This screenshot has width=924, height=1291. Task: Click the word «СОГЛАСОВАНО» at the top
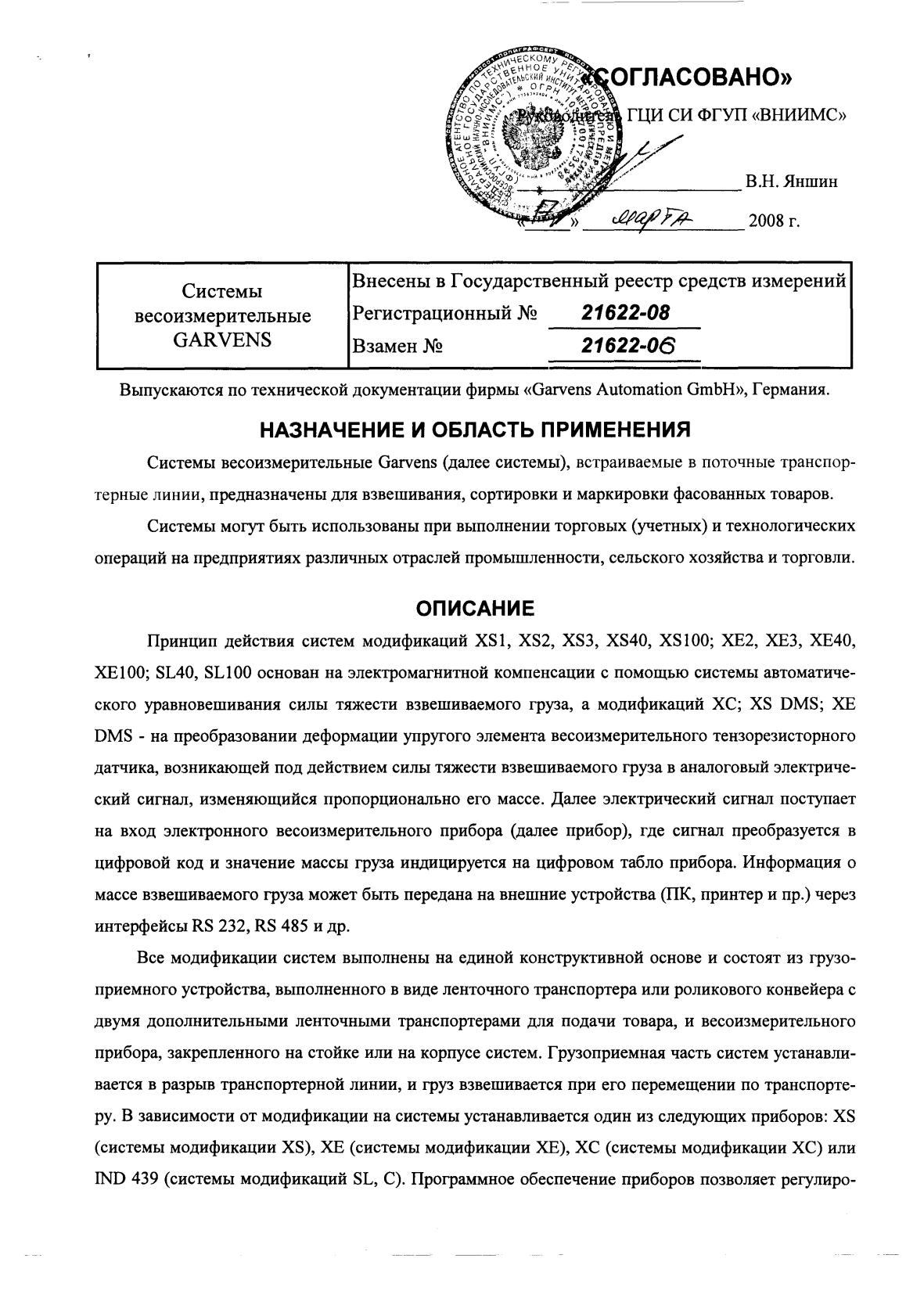click(x=696, y=77)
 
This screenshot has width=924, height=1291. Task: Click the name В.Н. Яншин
click(x=791, y=182)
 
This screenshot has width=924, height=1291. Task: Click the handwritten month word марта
click(x=647, y=220)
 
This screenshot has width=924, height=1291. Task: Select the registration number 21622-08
click(x=626, y=313)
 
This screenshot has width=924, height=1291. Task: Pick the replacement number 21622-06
click(x=627, y=345)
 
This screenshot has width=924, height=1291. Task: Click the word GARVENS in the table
click(x=222, y=340)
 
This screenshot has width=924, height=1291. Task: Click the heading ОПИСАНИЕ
click(x=474, y=608)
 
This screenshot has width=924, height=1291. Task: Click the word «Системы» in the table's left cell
click(x=222, y=292)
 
